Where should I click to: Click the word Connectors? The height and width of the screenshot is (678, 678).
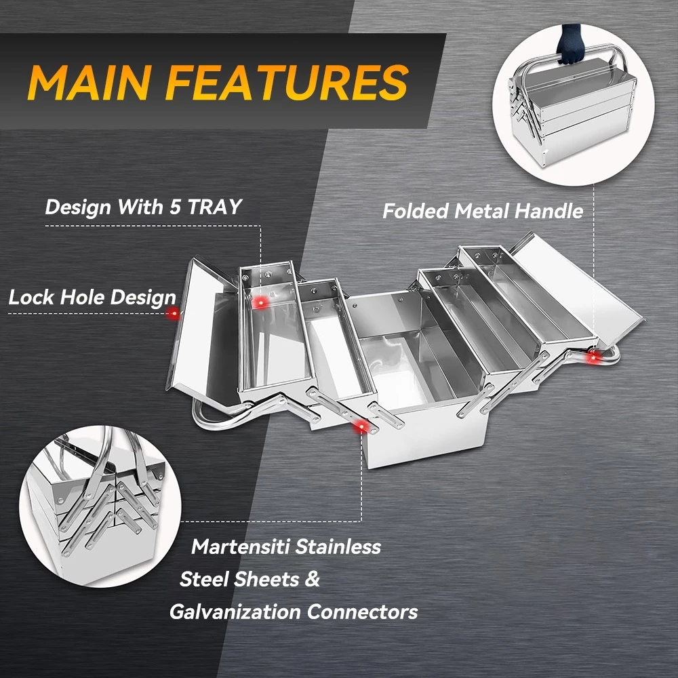click(362, 612)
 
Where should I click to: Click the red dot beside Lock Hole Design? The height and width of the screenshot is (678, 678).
click(173, 313)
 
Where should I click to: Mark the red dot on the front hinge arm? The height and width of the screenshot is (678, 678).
click(361, 427)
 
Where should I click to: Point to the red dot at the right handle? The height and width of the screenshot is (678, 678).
click(593, 357)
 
